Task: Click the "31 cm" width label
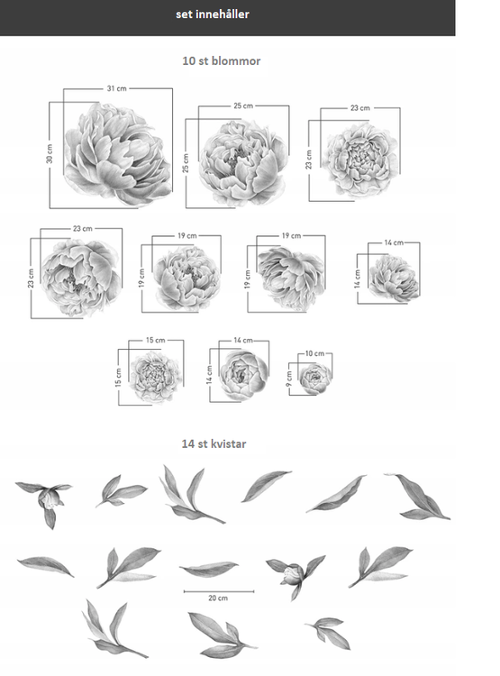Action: [x=117, y=88]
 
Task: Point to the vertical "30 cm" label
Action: [x=50, y=154]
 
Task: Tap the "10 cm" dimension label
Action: [x=314, y=353]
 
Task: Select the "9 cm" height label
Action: [x=289, y=379]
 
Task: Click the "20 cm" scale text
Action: [x=218, y=598]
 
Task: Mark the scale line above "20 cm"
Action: [x=219, y=591]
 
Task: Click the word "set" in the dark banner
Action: [x=184, y=14]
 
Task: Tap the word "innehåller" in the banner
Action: [x=223, y=14]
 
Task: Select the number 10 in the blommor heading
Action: [x=189, y=60]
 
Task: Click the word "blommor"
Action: [x=236, y=60]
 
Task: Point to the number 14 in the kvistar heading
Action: [x=188, y=443]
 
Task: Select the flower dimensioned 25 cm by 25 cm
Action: [x=242, y=161]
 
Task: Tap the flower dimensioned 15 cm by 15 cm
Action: [x=155, y=377]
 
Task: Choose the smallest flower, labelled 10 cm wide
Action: [x=315, y=379]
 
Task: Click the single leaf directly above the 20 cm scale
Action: [x=209, y=569]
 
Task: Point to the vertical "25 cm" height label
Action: [x=186, y=163]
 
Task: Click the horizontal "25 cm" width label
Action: [x=243, y=105]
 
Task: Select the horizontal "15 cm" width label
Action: [x=156, y=340]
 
